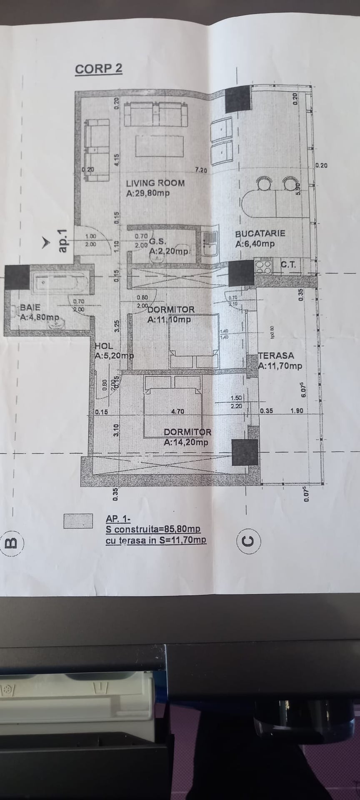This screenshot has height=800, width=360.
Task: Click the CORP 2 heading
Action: click(99, 69)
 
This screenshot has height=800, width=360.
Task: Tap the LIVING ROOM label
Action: click(155, 183)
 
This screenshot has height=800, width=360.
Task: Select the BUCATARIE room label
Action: click(260, 233)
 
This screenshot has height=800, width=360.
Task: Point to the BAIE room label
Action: click(30, 307)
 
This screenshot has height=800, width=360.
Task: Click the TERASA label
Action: click(276, 356)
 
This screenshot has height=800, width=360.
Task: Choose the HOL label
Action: click(104, 346)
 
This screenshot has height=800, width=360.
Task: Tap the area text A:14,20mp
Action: click(186, 442)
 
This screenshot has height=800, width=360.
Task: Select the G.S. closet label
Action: click(158, 241)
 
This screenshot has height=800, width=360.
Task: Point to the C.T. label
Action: click(288, 264)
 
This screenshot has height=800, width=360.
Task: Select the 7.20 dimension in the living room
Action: click(201, 170)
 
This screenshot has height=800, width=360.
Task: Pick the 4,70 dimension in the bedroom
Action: click(177, 412)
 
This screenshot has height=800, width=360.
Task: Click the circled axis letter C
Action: click(249, 540)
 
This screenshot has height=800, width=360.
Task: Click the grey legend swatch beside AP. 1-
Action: click(78, 521)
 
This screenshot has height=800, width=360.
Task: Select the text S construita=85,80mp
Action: click(153, 529)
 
